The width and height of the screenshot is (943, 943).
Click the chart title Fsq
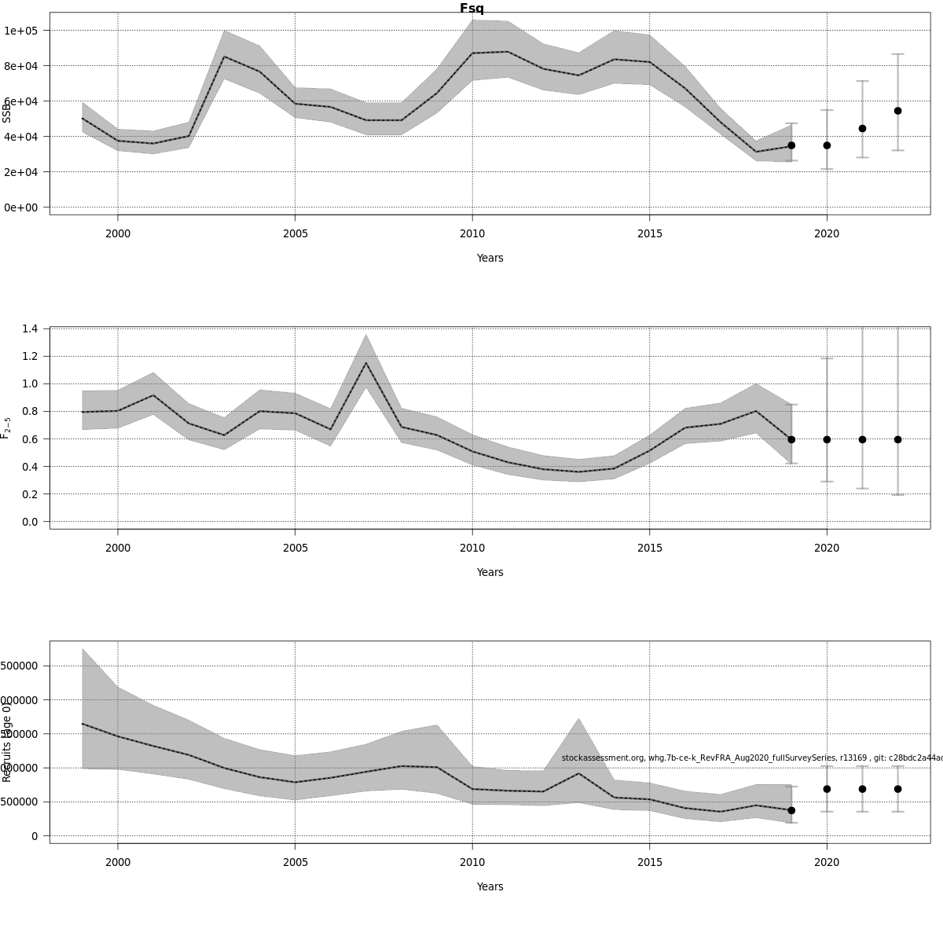(x=472, y=9)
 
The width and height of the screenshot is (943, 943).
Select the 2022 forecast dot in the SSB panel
(x=897, y=111)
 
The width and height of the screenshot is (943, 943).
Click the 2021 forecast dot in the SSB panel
(x=862, y=128)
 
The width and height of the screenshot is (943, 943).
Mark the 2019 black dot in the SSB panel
(x=791, y=145)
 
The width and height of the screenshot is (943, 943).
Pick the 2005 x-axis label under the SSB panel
(x=295, y=233)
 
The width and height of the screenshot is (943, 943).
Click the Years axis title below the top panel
(x=490, y=258)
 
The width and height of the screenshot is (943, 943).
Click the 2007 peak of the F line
(x=366, y=362)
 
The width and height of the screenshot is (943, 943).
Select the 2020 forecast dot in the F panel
(x=827, y=439)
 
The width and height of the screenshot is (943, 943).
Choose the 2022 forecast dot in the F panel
(x=897, y=439)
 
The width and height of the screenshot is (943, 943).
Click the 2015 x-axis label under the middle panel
(x=649, y=548)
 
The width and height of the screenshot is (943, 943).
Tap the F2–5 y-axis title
(x=6, y=428)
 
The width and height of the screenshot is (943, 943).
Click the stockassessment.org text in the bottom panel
(x=603, y=758)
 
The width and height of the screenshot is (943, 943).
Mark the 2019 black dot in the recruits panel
(x=791, y=810)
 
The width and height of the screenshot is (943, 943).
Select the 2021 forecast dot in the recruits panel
(x=862, y=789)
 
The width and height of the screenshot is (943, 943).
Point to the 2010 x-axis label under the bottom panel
(x=472, y=862)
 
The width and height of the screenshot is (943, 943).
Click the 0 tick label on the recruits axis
(x=35, y=836)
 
